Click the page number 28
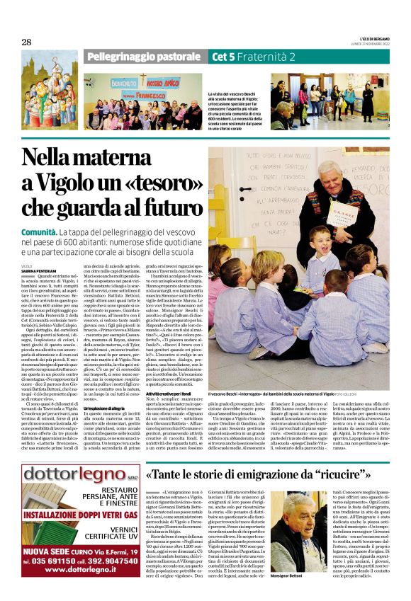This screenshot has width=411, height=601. pyautogui.click(x=26, y=42)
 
